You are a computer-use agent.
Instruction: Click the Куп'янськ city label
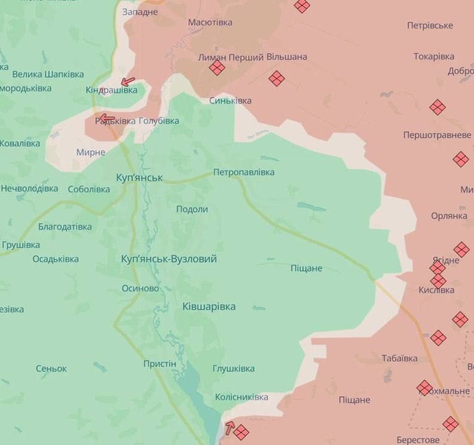coord(139,177)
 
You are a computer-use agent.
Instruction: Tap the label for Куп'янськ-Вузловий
coord(169,259)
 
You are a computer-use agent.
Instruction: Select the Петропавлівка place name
coord(244,172)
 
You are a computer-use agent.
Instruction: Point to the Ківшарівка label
coord(209,306)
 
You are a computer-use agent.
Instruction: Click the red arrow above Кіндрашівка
coord(127,82)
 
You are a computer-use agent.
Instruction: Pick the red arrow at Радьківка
coord(106,118)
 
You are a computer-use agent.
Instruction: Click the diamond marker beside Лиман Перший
coord(217,68)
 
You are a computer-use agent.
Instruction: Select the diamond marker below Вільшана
coord(276,78)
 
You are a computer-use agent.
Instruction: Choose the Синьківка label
coord(230,100)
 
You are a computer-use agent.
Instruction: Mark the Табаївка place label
coord(400,358)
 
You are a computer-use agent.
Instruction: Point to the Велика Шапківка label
coord(44,74)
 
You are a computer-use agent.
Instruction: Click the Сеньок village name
coord(51,369)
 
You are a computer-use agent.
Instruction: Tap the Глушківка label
coord(234,369)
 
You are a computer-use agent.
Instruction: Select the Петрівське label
coord(430,26)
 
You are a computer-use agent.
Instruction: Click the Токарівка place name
coord(434,57)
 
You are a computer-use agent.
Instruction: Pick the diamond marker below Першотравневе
coord(460,159)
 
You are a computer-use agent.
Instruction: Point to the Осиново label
coord(140,288)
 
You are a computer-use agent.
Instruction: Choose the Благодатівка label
coord(65,226)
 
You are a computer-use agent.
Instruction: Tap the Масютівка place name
coord(210,22)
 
